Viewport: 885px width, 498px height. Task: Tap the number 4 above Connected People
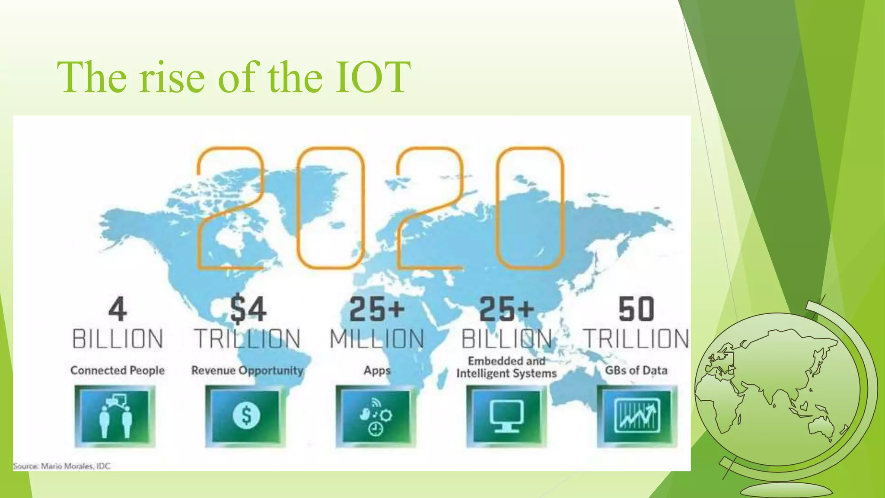point(118,310)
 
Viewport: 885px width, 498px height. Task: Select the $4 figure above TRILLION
point(248,310)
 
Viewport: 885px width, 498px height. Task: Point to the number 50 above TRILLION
point(636,310)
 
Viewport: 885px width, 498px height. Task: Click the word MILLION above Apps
point(377,339)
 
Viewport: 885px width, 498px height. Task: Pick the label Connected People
point(118,370)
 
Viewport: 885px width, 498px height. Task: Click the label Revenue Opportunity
point(248,370)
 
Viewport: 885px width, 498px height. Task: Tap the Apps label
point(377,370)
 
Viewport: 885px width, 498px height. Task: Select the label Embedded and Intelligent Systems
point(506,367)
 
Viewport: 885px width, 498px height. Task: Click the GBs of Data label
point(636,370)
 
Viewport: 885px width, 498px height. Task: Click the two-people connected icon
point(115,416)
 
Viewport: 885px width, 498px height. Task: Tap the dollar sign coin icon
point(246,416)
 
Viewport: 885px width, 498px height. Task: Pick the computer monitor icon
point(506,416)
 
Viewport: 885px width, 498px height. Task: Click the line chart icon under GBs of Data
point(637,416)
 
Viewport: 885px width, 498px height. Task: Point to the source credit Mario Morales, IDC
point(62,466)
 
